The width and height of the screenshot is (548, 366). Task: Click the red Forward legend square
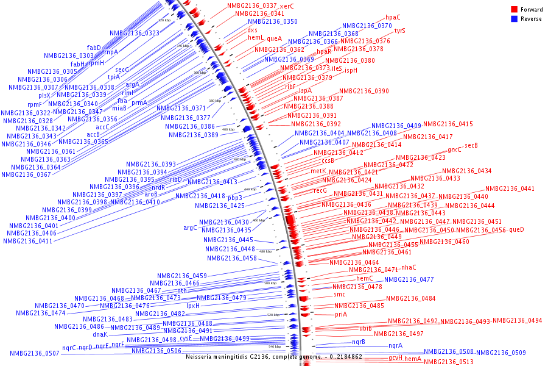coord(514,10)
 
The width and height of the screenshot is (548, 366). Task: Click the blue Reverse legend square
coord(514,19)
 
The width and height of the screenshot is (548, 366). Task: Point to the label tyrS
coord(399,30)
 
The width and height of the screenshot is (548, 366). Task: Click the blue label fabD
coord(94,48)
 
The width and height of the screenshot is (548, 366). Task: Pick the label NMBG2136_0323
coord(135,33)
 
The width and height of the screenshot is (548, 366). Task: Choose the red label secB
coord(471,145)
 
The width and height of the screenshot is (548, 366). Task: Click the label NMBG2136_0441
coord(510,189)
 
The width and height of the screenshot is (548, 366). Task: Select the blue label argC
coord(191,228)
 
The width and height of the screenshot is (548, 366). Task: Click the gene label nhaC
coord(409,267)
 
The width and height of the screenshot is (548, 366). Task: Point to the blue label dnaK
coord(100,334)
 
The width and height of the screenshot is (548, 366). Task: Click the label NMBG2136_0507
coord(35,353)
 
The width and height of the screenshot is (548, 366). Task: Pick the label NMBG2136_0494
coord(517,320)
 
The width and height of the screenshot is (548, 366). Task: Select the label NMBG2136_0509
coord(501,353)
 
